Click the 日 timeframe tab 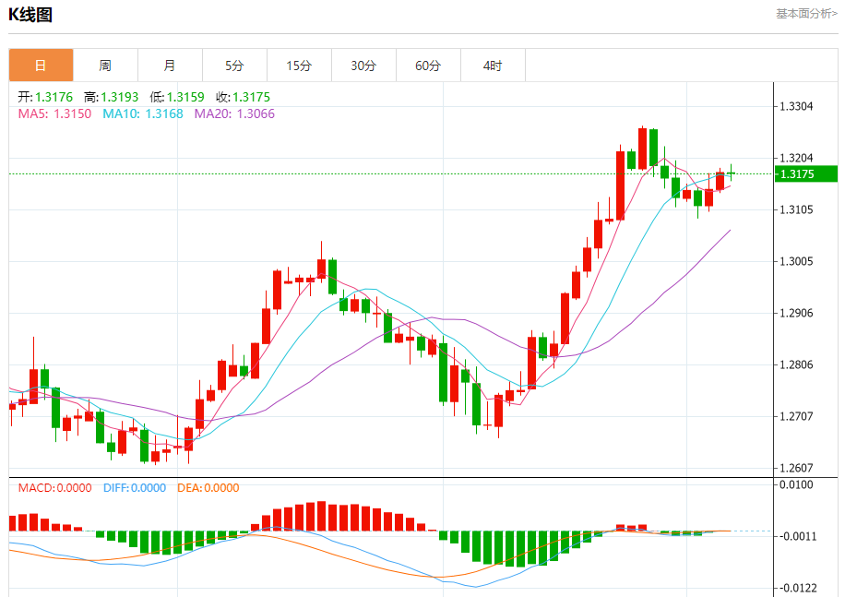point(41,66)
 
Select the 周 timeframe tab point(105,66)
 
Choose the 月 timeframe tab point(170,66)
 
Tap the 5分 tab point(234,66)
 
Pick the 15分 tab point(299,66)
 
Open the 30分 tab point(363,66)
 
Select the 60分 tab point(428,66)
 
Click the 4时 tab point(493,66)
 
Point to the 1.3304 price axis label point(796,106)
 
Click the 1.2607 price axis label point(796,468)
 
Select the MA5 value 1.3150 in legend point(72,113)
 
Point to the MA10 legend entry point(142,113)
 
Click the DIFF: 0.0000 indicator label point(135,488)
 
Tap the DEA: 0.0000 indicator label point(208,488)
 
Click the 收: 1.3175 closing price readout point(243,97)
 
